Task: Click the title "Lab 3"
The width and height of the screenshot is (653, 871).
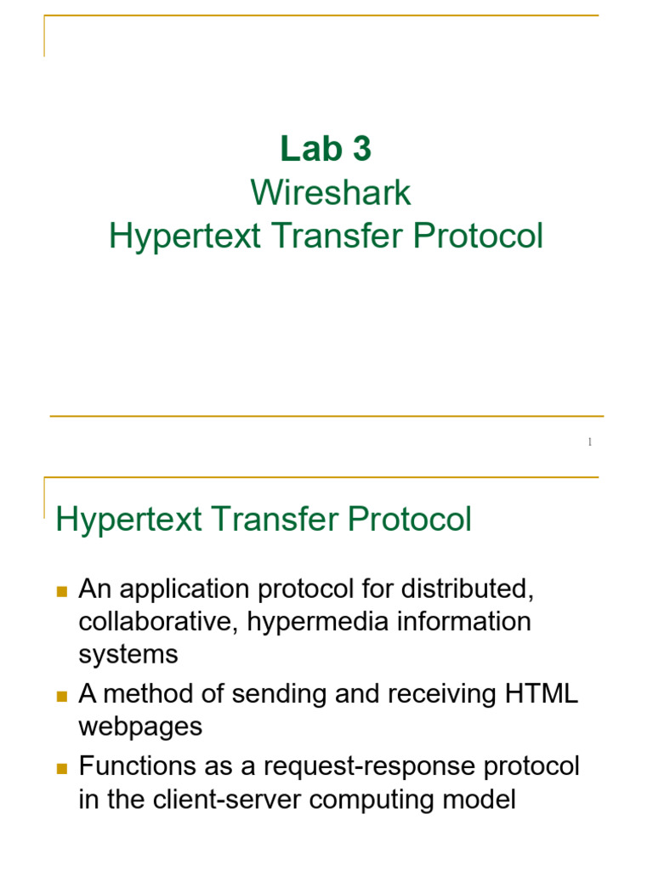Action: pyautogui.click(x=326, y=150)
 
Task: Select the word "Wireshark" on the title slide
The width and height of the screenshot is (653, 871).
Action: pyautogui.click(x=331, y=193)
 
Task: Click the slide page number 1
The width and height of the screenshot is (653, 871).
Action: pyautogui.click(x=589, y=442)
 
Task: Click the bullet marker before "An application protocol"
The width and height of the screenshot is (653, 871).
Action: pyautogui.click(x=61, y=589)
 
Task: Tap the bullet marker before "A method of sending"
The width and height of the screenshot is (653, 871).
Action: pyautogui.click(x=61, y=696)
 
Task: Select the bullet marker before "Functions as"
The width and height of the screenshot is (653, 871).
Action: pyautogui.click(x=61, y=768)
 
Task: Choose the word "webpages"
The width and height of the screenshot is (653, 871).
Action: pyautogui.click(x=140, y=726)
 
